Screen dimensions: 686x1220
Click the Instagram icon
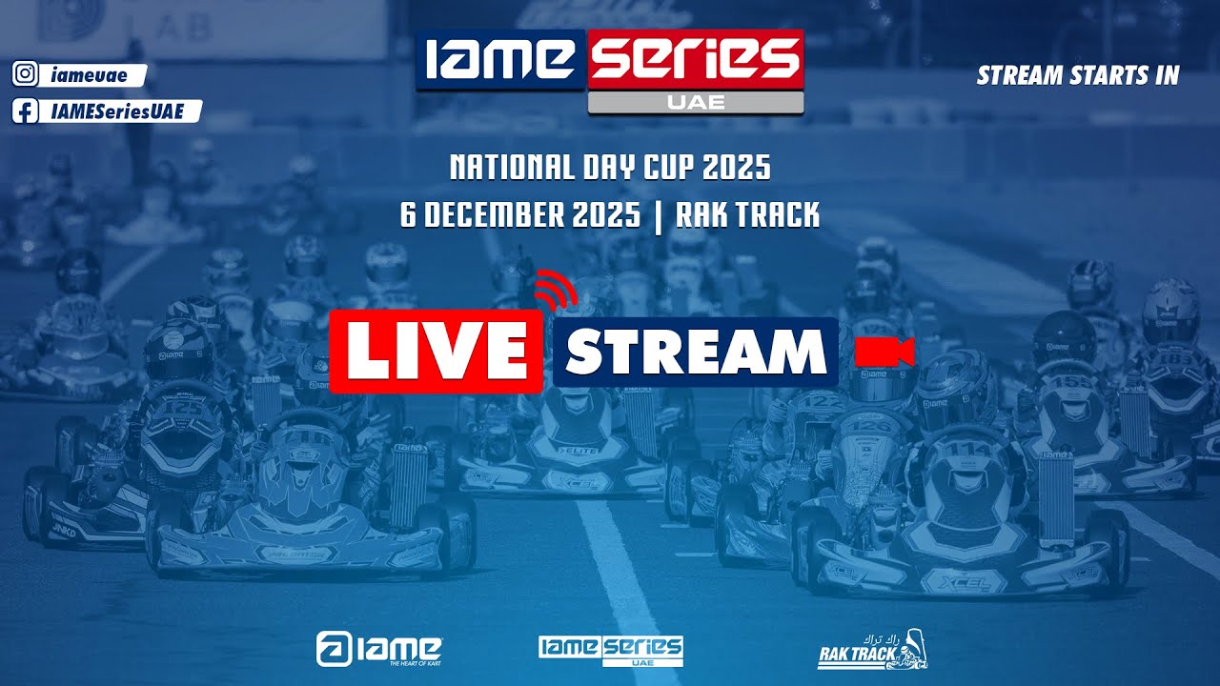point(26,75)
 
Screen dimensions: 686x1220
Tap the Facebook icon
point(26,111)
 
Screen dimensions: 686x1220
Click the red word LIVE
point(437,352)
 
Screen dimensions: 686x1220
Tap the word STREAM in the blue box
point(695,353)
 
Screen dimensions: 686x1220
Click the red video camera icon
point(884,352)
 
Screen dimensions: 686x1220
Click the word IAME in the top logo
point(499,59)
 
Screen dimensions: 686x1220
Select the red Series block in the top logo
point(696,59)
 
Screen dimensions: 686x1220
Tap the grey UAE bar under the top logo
point(696,103)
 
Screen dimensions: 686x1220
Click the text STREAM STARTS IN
point(1078,75)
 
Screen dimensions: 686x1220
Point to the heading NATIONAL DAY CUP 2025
point(610,169)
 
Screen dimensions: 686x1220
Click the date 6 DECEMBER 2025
point(520,215)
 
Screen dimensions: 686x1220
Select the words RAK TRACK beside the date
point(747,215)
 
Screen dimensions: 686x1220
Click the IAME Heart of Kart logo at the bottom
point(378,649)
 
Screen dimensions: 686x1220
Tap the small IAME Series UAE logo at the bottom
point(610,650)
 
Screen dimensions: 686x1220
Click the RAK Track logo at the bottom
point(872,649)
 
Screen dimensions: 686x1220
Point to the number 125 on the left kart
point(185,408)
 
